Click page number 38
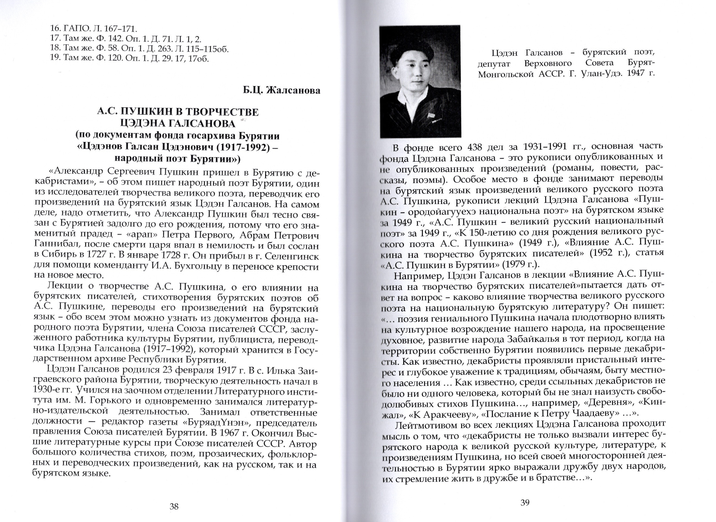pyautogui.click(x=174, y=507)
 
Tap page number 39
pyautogui.click(x=524, y=502)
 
